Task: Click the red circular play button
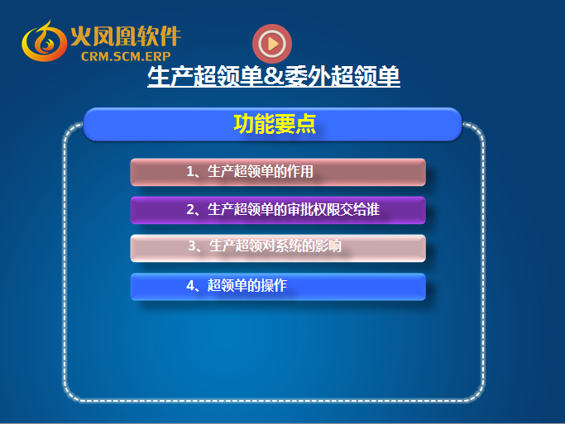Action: (272, 44)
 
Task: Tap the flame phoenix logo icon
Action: (44, 41)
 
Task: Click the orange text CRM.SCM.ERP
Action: (126, 56)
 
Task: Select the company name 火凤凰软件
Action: (126, 36)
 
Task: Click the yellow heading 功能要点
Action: (275, 124)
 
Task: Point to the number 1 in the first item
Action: (190, 171)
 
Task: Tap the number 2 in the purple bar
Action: (190, 209)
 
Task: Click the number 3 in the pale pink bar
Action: (192, 245)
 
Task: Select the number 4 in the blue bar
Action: (190, 285)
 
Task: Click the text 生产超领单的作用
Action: (261, 171)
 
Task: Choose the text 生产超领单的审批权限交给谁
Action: (294, 209)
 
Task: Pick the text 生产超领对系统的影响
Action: (275, 245)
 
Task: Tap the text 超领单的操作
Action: (247, 285)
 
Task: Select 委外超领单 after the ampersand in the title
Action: (342, 76)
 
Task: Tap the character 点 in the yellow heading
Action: (305, 124)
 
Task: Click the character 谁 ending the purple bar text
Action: (373, 209)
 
